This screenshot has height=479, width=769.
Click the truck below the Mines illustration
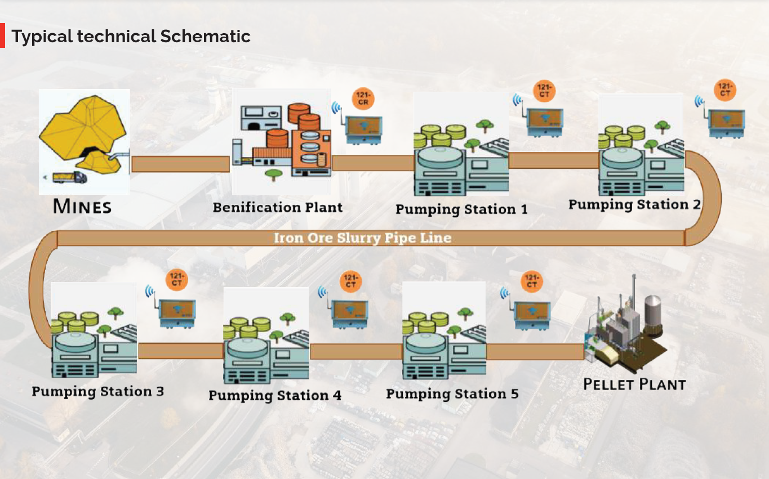(69, 177)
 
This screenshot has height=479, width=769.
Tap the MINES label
(82, 206)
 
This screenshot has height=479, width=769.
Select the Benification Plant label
(278, 207)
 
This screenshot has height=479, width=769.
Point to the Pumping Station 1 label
(461, 209)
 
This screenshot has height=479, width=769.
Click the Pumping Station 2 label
(634, 204)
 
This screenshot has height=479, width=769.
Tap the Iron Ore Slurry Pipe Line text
(363, 238)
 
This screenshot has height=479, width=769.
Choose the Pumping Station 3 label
(98, 391)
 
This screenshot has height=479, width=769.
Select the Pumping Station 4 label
(275, 395)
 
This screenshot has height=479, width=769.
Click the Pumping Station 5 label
(452, 393)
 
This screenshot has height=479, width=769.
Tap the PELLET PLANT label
(634, 385)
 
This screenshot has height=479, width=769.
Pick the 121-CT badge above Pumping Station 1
(544, 91)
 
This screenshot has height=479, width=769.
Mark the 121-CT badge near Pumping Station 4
(350, 282)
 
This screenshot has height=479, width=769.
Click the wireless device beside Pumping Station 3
(177, 311)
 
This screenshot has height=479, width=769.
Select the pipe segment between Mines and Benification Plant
(180, 164)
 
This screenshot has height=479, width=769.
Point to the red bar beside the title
(2, 35)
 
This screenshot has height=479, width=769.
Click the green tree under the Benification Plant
(274, 174)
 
